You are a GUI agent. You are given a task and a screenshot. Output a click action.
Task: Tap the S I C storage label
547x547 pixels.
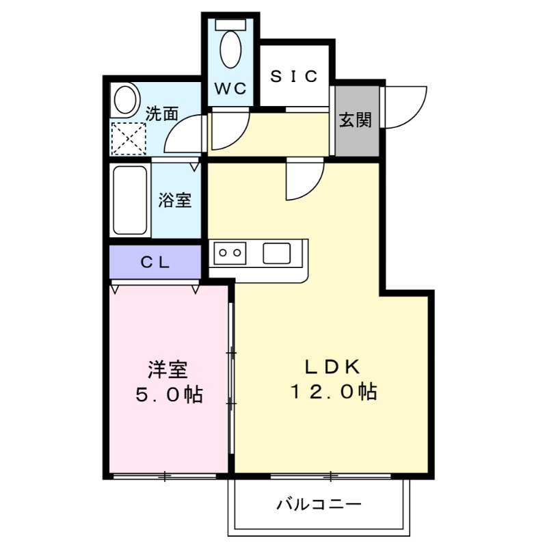point(293,77)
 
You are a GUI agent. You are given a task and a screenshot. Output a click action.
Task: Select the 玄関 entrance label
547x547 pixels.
point(356,120)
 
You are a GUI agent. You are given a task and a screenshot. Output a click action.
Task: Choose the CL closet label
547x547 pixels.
point(156,262)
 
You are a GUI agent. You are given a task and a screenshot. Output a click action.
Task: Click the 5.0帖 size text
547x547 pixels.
point(168,395)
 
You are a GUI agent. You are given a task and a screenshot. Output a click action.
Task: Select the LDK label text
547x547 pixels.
point(332,366)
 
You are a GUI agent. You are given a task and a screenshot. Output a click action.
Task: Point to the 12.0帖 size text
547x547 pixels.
point(332,392)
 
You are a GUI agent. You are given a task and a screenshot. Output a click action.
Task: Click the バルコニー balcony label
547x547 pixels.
point(319,505)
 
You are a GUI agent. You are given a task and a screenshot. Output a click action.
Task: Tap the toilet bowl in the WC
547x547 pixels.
point(231,48)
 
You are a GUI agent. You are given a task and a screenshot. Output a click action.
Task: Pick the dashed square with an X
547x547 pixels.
point(129,139)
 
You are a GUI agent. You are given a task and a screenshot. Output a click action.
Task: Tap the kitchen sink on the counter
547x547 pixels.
point(278,253)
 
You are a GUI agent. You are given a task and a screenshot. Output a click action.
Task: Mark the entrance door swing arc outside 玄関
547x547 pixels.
point(405,106)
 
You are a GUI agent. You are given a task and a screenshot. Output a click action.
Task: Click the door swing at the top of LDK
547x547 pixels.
point(304,179)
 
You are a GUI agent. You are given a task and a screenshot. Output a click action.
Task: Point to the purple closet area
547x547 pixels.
point(156,262)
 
